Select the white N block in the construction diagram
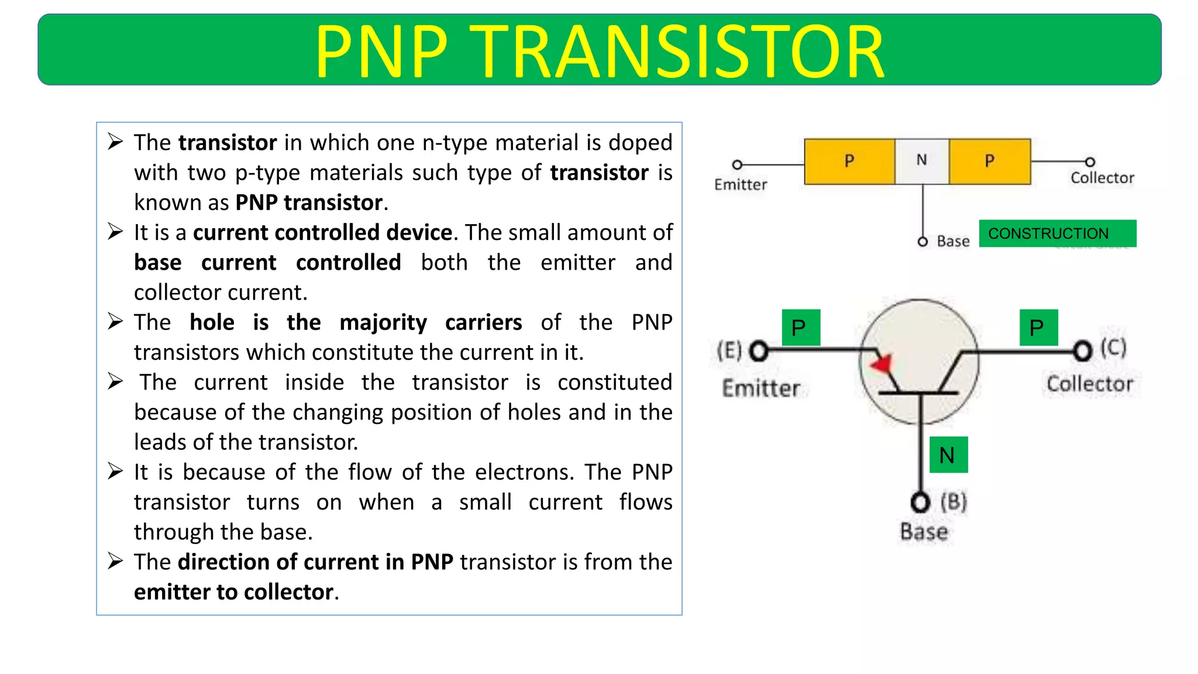click(922, 161)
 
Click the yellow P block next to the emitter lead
click(849, 161)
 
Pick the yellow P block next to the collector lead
click(990, 161)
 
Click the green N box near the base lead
click(948, 455)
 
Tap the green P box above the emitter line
click(800, 327)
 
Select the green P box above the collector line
click(1038, 327)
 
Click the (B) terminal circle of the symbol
click(920, 502)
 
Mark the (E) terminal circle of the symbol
click(759, 351)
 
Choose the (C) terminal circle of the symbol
click(1083, 351)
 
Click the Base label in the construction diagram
click(953, 241)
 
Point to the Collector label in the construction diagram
click(1102, 178)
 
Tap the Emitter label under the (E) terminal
click(760, 388)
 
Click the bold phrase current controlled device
click(322, 233)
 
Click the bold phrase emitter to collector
click(234, 592)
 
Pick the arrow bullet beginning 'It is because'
click(115, 471)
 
